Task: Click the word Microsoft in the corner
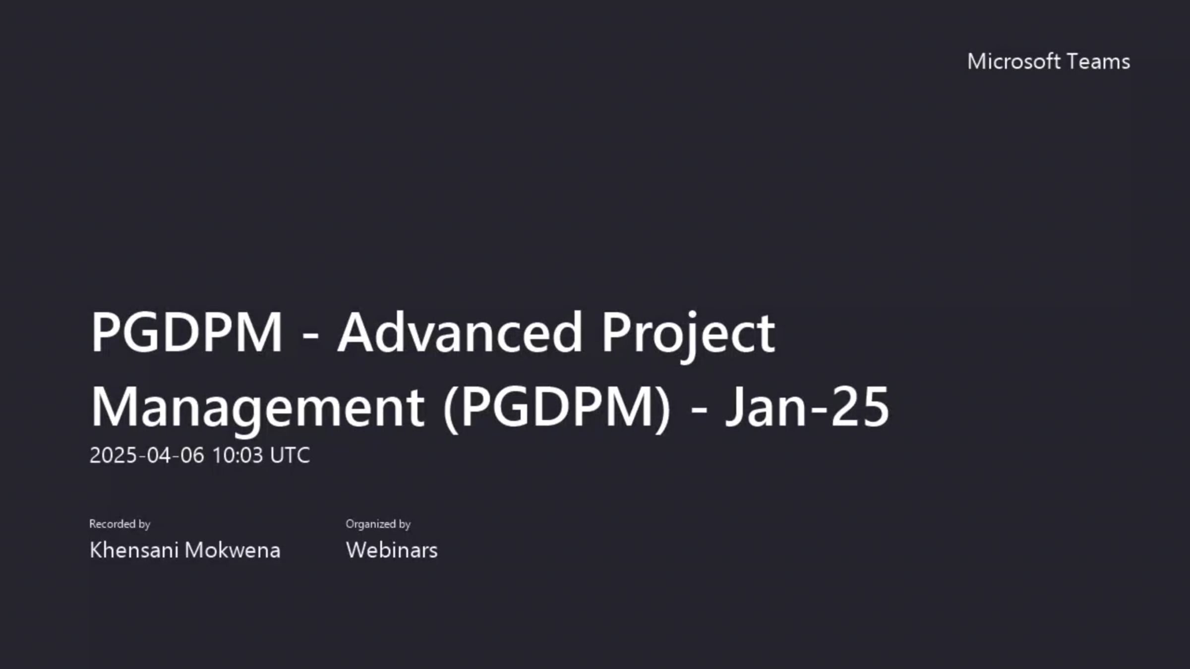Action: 1013,62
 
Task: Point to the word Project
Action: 688,333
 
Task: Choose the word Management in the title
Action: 257,407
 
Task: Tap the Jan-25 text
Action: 807,407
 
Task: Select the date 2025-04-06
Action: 147,455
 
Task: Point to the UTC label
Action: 290,455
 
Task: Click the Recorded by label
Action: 119,524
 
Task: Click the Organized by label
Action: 378,524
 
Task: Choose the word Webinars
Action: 392,550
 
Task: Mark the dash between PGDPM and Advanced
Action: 310,337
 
